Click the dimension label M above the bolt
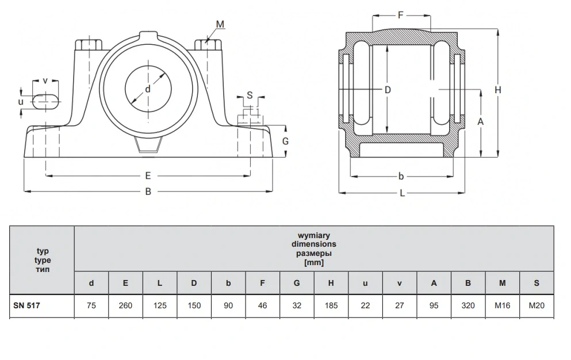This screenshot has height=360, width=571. (220, 24)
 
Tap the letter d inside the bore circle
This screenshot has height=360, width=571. (147, 89)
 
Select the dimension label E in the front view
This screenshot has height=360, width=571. (148, 176)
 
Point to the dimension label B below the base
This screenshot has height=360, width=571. (148, 192)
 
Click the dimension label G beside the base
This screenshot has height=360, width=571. (285, 141)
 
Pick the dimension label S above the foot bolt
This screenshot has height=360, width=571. (250, 95)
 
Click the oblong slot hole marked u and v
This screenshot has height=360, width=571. (45, 101)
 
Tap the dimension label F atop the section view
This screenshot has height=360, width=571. (401, 15)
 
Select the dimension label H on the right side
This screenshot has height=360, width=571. (498, 90)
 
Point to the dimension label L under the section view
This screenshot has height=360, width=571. (402, 193)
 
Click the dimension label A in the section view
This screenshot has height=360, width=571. (480, 122)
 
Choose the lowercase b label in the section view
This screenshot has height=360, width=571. (401, 177)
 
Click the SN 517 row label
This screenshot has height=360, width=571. (26, 305)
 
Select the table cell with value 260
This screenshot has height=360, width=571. (125, 305)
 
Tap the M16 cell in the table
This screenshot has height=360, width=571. (502, 305)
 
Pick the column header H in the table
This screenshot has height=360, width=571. (331, 283)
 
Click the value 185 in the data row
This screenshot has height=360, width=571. (331, 305)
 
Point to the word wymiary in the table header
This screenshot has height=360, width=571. (313, 235)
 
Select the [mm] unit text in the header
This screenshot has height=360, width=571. (313, 262)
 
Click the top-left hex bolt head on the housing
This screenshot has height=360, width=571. (88, 44)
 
